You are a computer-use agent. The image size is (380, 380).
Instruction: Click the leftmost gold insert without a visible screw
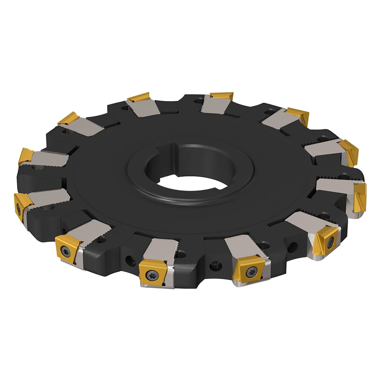(x=26, y=156)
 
